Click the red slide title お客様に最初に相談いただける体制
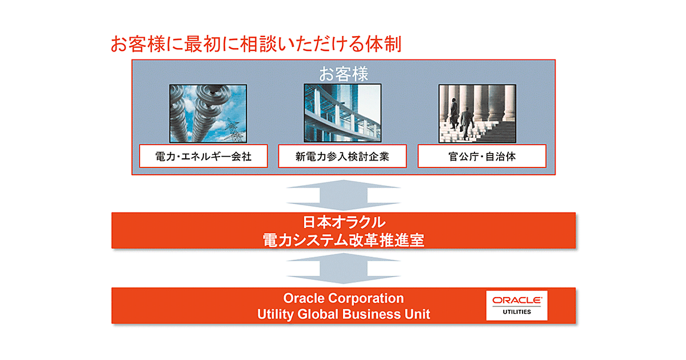click(256, 44)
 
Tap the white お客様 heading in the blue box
click(344, 74)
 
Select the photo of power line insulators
click(208, 114)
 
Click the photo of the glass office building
click(342, 113)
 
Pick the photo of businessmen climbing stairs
click(477, 114)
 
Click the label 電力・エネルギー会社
click(204, 157)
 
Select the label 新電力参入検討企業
click(342, 157)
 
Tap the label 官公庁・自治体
click(482, 157)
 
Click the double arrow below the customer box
click(344, 195)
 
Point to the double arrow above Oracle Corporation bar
click(344, 268)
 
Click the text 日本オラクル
click(344, 222)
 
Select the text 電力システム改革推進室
click(344, 240)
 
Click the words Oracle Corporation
click(344, 298)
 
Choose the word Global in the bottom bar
click(318, 314)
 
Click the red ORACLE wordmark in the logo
click(517, 301)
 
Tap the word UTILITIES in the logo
click(517, 312)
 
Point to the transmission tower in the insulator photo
click(234, 130)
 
